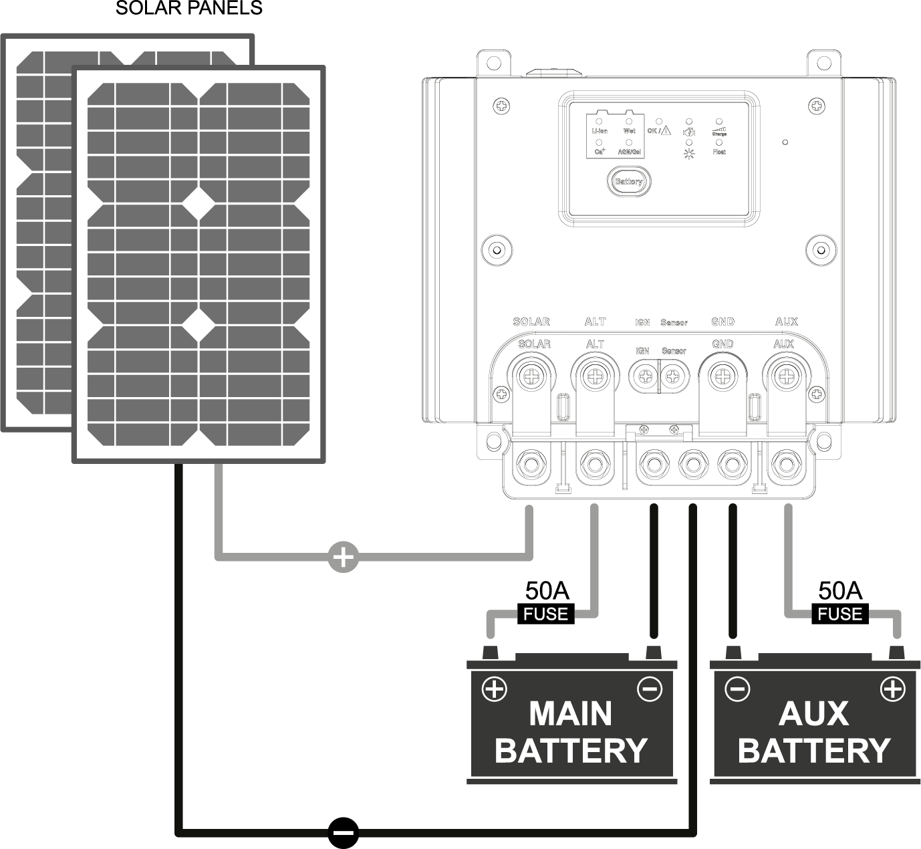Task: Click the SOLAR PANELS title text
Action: point(189,9)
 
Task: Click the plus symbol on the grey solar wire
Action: point(343,556)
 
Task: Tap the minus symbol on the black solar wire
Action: point(344,833)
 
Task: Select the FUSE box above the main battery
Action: point(546,614)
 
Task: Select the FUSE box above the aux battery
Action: point(839,614)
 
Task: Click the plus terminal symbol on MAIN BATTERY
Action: point(495,689)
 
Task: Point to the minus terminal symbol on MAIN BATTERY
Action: point(650,689)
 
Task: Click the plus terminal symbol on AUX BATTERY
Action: point(893,689)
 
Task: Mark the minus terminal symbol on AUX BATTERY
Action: point(737,689)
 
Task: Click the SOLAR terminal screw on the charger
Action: point(532,378)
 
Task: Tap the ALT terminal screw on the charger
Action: point(594,378)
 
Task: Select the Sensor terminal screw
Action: point(673,378)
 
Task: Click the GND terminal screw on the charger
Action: point(722,378)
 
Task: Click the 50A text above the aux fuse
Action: point(839,590)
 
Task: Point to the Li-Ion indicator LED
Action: point(599,122)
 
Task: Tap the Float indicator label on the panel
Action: point(719,152)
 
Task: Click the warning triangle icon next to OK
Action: point(665,131)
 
